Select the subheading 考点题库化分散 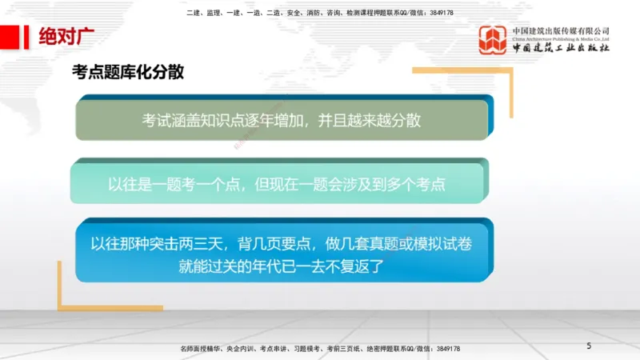coord(128,73)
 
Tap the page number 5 coord(589,346)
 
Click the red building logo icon coord(493,40)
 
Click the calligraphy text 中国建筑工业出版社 coord(561,48)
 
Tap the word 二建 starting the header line coord(192,13)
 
